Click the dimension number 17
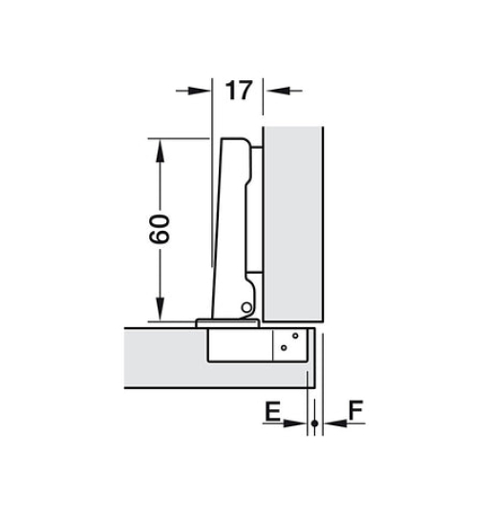(x=238, y=92)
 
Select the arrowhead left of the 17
(x=199, y=92)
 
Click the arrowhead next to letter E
(x=299, y=422)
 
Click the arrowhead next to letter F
(x=327, y=422)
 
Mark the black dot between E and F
(x=313, y=422)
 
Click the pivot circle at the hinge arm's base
(x=246, y=307)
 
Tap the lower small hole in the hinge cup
(x=284, y=350)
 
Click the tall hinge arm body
(x=232, y=219)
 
